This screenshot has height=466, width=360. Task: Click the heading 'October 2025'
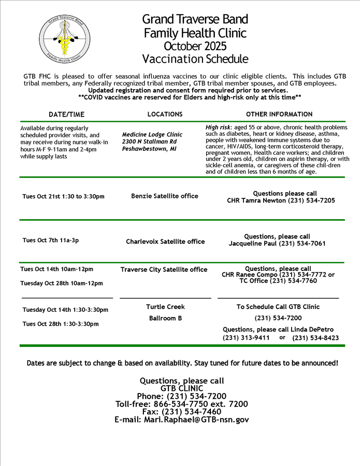[x=195, y=47]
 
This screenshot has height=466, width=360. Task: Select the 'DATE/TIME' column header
[x=66, y=114]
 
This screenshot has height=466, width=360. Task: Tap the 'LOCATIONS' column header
[x=165, y=114]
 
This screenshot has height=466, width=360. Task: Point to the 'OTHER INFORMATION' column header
[x=279, y=114]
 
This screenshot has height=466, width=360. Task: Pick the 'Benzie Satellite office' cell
[x=165, y=196]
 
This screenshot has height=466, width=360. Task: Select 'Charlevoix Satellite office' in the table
[x=165, y=241]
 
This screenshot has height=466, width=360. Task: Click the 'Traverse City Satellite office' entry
[x=164, y=269]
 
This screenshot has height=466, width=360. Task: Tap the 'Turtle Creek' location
[x=165, y=307]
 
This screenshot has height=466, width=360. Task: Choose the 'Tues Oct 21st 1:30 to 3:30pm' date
[x=63, y=197]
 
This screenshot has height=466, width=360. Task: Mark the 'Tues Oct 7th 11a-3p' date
[x=51, y=240]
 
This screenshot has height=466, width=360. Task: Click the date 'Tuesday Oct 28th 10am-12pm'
[x=62, y=283]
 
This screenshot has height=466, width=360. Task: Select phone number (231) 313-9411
[x=246, y=338]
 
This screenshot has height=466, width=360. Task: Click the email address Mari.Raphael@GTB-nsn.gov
[x=182, y=420]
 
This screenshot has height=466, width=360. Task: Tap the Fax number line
[x=182, y=412]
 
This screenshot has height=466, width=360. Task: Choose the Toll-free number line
[x=182, y=404]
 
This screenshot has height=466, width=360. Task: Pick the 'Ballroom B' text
[x=165, y=318]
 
